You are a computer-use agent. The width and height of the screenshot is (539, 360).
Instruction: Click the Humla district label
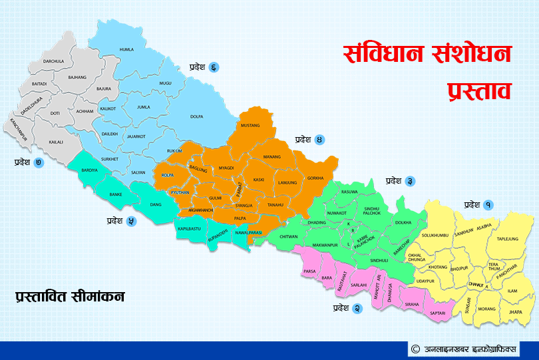(126, 49)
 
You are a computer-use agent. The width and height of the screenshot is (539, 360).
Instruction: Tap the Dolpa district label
(196, 116)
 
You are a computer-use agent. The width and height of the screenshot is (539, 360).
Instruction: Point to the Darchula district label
(53, 61)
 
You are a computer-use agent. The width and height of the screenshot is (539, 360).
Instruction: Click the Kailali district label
(56, 142)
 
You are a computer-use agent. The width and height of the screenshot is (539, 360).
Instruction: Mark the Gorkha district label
(315, 178)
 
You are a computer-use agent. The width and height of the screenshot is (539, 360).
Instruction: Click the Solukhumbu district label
(435, 234)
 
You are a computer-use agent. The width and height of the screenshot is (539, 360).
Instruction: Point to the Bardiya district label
(89, 170)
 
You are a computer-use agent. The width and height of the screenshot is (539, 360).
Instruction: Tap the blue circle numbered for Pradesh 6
(214, 67)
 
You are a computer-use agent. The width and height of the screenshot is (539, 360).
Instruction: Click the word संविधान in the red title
(381, 53)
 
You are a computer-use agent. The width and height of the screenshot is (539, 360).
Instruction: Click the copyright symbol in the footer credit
(415, 349)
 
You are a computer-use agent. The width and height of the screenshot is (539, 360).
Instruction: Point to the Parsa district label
(309, 271)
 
